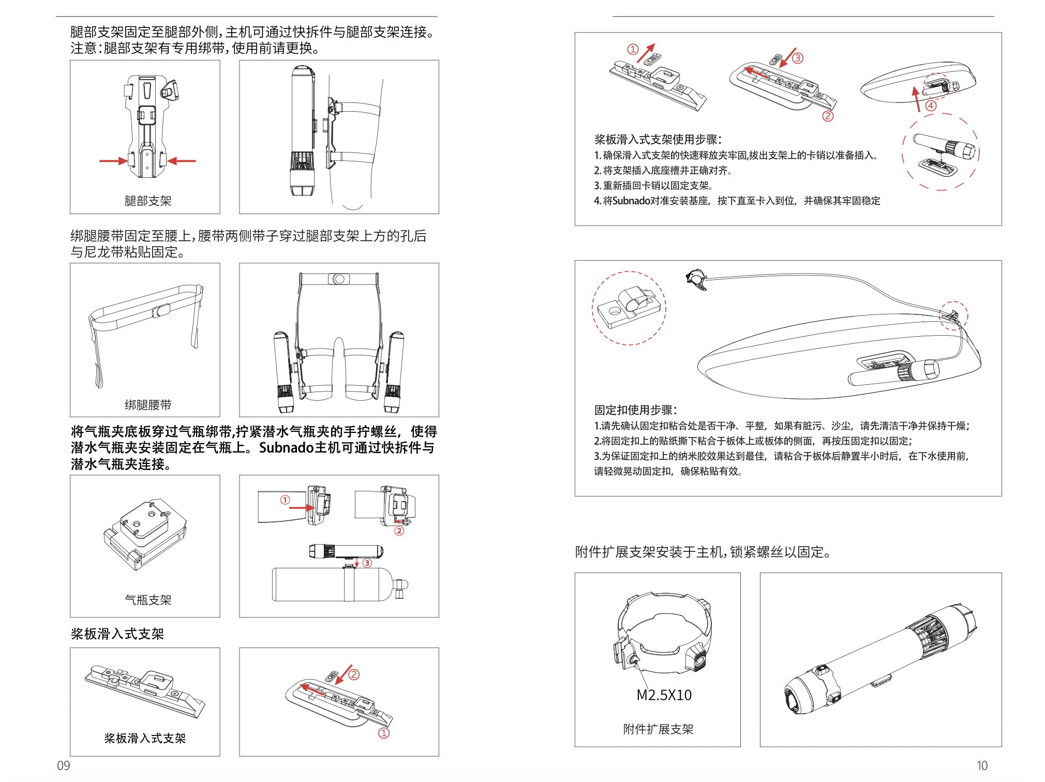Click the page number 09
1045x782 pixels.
click(x=64, y=765)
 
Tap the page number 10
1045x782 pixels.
click(x=982, y=765)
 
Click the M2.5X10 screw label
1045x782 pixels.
click(x=664, y=695)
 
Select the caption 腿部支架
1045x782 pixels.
click(x=148, y=201)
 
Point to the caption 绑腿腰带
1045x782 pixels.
click(x=148, y=405)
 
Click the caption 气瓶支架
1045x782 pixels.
click(x=148, y=600)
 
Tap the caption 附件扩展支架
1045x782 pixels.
click(x=658, y=729)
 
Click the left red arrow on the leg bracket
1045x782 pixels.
click(x=113, y=161)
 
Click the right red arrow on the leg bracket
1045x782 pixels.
click(x=183, y=161)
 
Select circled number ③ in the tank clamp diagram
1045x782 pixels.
click(x=367, y=563)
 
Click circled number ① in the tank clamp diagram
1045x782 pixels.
click(x=285, y=500)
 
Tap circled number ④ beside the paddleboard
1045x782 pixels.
click(x=931, y=106)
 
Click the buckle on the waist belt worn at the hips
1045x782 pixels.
click(x=339, y=279)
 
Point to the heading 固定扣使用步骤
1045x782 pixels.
click(x=636, y=410)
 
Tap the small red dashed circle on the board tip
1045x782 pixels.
click(x=953, y=315)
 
